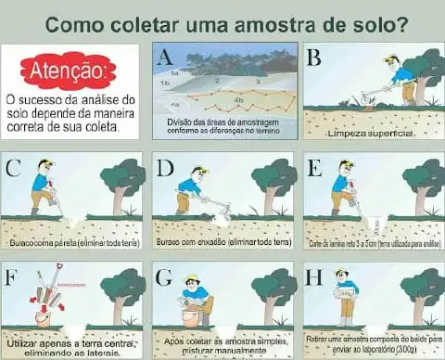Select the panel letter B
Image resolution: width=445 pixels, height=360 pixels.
pos(313,58)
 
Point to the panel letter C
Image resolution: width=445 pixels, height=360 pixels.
pos(13,168)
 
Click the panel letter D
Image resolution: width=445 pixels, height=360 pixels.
pos(165,168)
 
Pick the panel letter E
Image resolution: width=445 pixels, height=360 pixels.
pos(313,168)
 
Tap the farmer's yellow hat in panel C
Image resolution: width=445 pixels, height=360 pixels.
pos(44,164)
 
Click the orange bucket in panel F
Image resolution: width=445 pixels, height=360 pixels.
pos(43,316)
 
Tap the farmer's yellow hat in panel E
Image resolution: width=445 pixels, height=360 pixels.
pos(347,164)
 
